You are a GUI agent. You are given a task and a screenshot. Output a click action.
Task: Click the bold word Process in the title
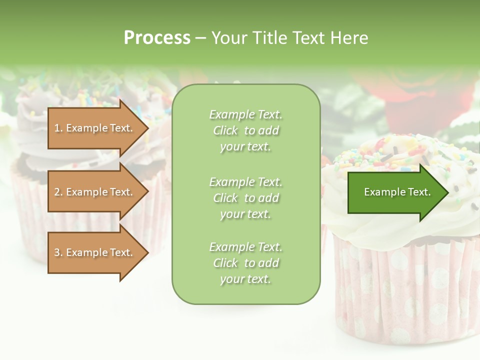point(157,38)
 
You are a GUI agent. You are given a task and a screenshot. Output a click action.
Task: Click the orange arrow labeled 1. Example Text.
point(95,128)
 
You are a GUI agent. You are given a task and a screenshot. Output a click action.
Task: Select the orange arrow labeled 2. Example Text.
point(95,192)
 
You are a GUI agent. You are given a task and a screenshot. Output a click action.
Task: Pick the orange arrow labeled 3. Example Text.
point(95,252)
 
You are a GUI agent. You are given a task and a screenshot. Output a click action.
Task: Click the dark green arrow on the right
point(395,192)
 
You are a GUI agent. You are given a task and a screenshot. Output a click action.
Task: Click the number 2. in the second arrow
point(58,192)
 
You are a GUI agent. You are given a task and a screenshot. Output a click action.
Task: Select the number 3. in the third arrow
point(58,252)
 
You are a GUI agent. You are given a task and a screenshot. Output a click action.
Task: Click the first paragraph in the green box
point(245,130)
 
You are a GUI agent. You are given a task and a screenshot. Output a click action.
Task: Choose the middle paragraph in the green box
point(245,197)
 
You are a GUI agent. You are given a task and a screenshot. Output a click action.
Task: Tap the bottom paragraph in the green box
point(245,263)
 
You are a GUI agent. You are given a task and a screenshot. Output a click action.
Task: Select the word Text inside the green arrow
point(419,192)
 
